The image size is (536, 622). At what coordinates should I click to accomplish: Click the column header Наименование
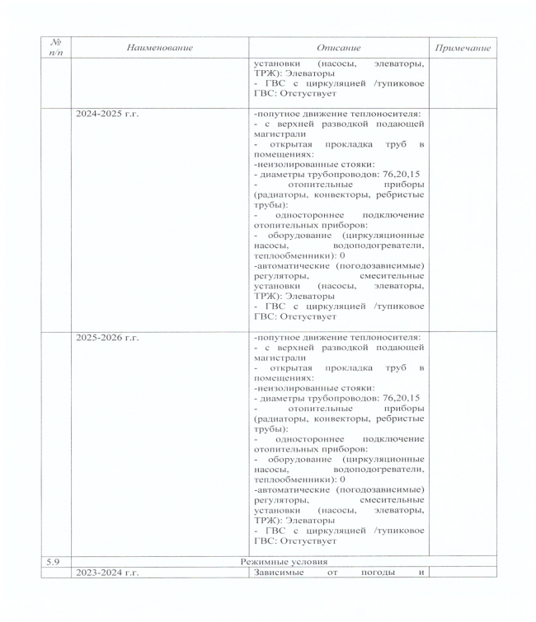click(x=159, y=48)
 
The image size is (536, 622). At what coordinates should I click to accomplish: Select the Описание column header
click(x=338, y=48)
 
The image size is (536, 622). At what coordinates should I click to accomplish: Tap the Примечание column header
click(x=462, y=48)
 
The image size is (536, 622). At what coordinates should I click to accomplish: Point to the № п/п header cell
click(x=56, y=48)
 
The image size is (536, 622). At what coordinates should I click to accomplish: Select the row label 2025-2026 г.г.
click(x=107, y=337)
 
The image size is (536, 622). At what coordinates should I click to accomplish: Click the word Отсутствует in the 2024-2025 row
click(x=308, y=316)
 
